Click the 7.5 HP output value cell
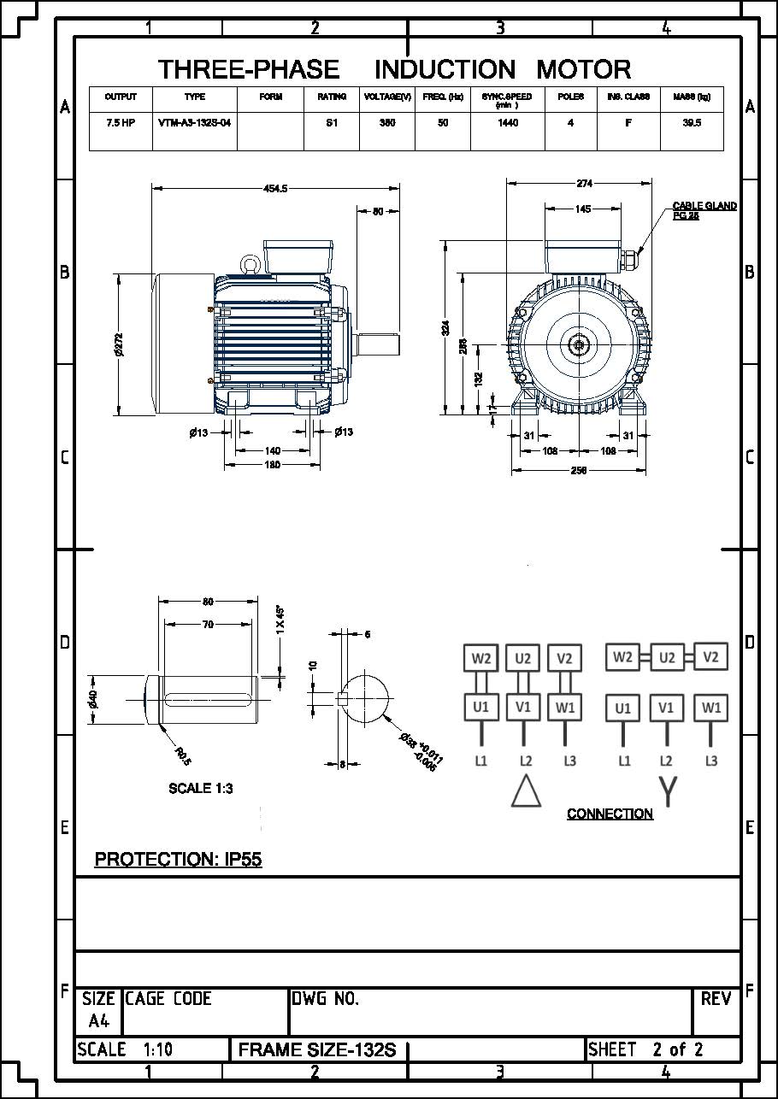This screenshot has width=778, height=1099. point(121,123)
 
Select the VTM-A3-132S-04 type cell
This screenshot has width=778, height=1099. point(195,123)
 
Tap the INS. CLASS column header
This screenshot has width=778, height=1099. point(628,97)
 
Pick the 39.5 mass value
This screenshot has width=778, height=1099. point(692,123)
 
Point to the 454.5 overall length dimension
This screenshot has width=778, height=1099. point(274,188)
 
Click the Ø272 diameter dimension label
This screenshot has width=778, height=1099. point(119,344)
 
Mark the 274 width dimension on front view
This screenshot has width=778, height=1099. point(585,183)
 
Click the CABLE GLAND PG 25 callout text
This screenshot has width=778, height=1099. point(704,211)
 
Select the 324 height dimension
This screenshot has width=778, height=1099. point(445,328)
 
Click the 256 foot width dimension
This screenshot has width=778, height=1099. point(578,470)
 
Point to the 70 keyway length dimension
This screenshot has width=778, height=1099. point(208,625)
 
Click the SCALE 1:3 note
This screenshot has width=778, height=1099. point(201,788)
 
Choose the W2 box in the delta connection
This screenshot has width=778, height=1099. point(480,658)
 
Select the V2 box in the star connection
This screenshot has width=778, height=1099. point(710,656)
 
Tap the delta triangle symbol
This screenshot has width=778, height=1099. point(526,790)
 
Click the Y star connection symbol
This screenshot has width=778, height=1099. point(667,790)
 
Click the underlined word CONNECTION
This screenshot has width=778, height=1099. point(610,814)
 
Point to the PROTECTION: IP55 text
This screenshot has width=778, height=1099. point(178,859)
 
